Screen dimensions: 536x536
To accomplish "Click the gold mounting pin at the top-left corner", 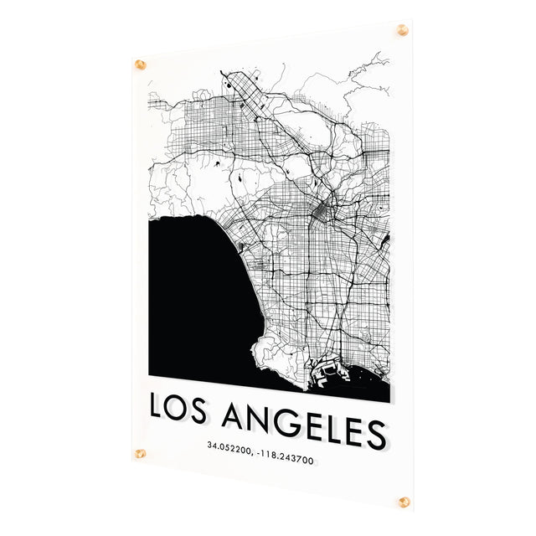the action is [141, 64].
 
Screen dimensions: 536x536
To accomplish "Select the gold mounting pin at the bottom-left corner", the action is [140, 455].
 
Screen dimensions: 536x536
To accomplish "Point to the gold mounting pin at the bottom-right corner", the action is [405, 502].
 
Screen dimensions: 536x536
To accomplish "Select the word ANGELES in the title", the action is [316, 423].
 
